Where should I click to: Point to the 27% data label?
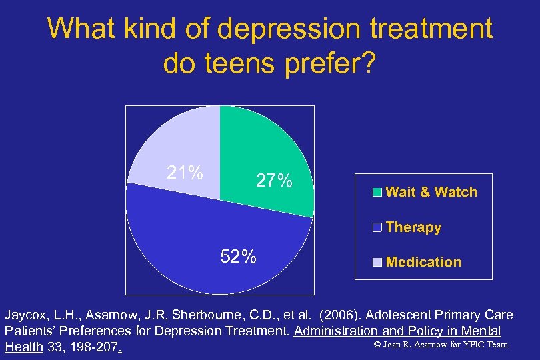[274, 181]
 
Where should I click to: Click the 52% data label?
[238, 257]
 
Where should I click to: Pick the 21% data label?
[185, 173]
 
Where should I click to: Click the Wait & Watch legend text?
[431, 192]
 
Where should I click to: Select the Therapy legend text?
[413, 227]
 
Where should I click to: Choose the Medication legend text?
[423, 262]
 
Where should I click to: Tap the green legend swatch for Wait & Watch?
[377, 193]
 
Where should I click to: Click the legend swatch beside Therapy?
[377, 227]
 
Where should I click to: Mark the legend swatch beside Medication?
[377, 262]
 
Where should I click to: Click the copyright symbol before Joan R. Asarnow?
[377, 345]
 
